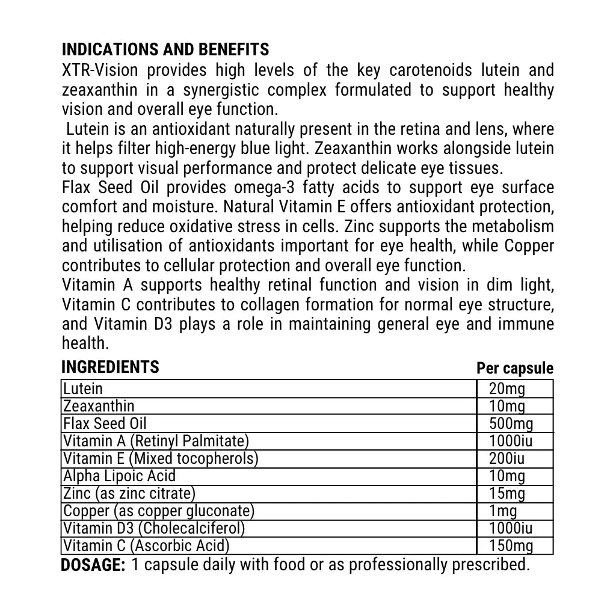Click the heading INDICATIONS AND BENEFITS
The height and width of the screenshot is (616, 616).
point(165,49)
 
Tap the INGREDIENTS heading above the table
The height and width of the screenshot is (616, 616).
point(110,367)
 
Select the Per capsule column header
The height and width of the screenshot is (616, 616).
point(514,368)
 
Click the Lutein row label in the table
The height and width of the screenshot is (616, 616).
point(83,389)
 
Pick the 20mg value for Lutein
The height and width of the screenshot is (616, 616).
point(507,389)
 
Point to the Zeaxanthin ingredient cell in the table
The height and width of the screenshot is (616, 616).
point(99,406)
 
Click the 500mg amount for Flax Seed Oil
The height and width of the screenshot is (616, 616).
point(511,423)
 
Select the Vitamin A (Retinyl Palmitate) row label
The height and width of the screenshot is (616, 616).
point(156,441)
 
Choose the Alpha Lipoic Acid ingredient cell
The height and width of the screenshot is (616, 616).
point(119,476)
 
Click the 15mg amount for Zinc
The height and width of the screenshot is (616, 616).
point(507,494)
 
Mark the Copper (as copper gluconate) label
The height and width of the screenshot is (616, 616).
point(159,511)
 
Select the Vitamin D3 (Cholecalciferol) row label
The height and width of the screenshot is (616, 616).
point(154,529)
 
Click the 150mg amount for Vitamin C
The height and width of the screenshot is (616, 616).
point(511,546)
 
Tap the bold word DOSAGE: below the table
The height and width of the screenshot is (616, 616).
point(93,565)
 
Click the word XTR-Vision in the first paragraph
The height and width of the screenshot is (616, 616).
point(100,70)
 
